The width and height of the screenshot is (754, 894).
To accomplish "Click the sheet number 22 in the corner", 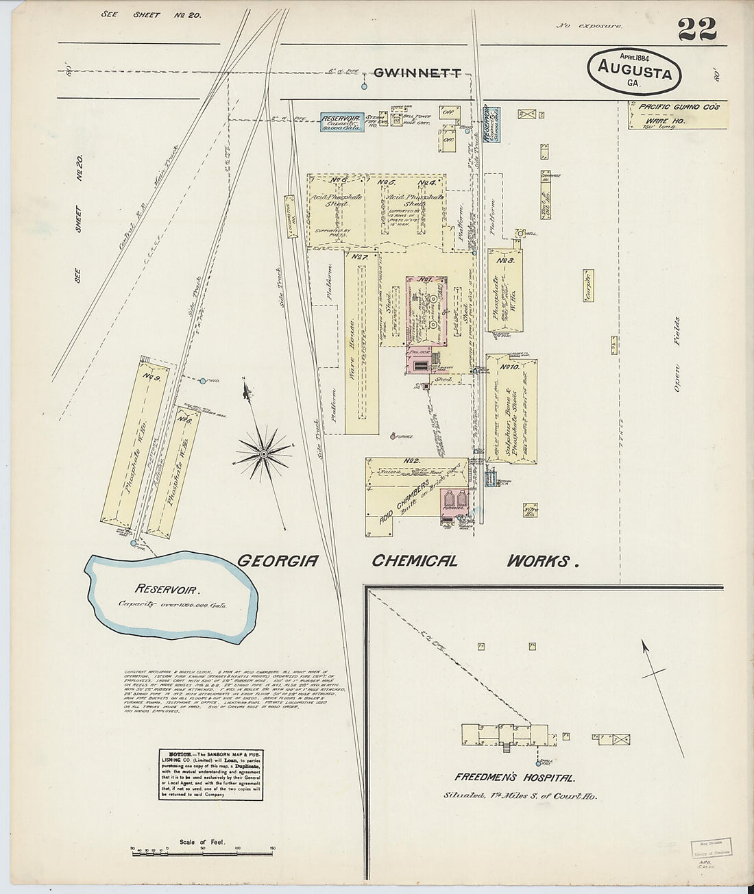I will pyautogui.click(x=697, y=29).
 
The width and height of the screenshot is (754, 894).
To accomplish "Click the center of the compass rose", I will pyautogui.click(x=263, y=454).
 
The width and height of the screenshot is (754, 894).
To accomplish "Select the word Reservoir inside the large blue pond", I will pyautogui.click(x=167, y=588).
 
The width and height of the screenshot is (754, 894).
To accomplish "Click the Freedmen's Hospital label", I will pyautogui.click(x=514, y=778).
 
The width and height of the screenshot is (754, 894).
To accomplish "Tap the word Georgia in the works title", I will pyautogui.click(x=278, y=560).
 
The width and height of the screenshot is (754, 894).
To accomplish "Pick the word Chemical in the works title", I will pyautogui.click(x=414, y=560).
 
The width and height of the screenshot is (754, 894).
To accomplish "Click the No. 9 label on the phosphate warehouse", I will pyautogui.click(x=152, y=375).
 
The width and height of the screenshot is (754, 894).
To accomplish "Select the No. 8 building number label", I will pyautogui.click(x=184, y=419).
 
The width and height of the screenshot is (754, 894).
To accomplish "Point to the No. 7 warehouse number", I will pyautogui.click(x=361, y=257).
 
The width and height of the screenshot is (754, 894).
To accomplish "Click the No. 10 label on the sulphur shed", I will pyautogui.click(x=509, y=367).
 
